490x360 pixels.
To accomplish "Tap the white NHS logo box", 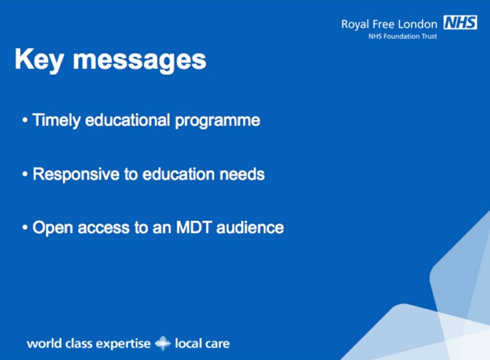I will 460,23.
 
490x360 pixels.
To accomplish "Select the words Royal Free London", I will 389,24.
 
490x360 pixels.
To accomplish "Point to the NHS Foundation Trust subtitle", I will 402,36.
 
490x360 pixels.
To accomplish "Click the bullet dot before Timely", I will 25,122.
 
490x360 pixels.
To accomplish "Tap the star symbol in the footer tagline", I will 163,343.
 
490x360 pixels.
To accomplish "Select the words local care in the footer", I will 202,343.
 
